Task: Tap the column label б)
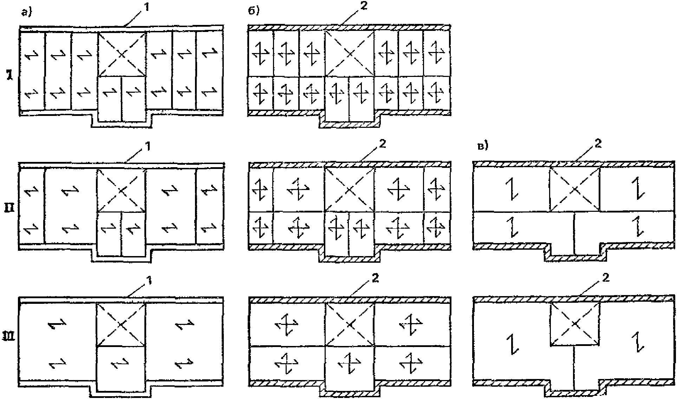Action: tap(254, 11)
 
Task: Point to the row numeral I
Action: tap(11, 75)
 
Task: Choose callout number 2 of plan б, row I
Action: tap(363, 7)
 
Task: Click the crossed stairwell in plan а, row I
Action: tap(122, 54)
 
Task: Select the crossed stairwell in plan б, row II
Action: tap(349, 190)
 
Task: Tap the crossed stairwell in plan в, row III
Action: tap(575, 323)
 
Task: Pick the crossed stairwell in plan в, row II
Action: tap(575, 190)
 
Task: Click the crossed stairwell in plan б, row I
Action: tap(350, 53)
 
